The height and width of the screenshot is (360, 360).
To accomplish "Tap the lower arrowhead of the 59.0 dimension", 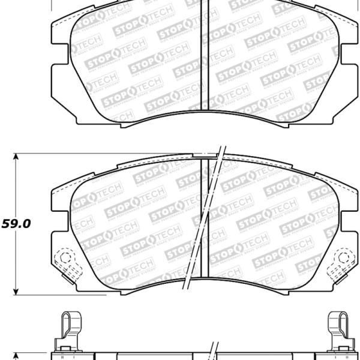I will tap(17, 292).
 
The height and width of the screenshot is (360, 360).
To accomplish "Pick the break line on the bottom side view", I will tap(213, 351).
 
